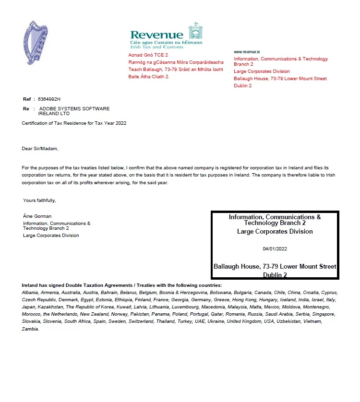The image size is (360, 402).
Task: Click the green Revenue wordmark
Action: [x=156, y=35]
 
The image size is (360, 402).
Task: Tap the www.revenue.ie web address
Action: [x=247, y=51]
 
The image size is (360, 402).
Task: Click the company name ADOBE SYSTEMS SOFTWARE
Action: [x=74, y=109]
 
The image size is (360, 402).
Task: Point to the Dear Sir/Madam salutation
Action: [x=40, y=149]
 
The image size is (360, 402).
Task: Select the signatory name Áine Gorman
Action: [x=37, y=216]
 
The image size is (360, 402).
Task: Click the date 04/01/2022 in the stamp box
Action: [x=275, y=249]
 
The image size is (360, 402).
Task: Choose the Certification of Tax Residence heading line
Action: [x=74, y=123]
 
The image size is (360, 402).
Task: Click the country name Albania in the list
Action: [x=31, y=292]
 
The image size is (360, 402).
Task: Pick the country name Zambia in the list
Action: [x=31, y=329]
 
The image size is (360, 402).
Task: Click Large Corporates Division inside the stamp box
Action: [x=275, y=232]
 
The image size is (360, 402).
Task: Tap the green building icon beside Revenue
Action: [x=194, y=31]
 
